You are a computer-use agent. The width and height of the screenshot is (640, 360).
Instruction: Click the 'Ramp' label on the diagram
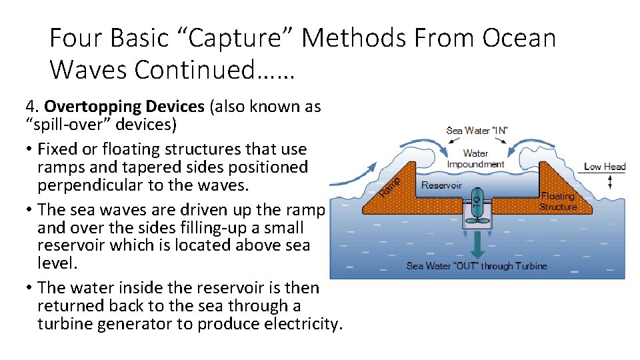click(389, 186)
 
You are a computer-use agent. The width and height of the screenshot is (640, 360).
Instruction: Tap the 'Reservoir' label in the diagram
click(441, 185)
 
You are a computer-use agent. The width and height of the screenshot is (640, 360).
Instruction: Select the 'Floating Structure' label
click(558, 201)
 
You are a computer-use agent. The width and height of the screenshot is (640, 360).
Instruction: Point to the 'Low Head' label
click(604, 166)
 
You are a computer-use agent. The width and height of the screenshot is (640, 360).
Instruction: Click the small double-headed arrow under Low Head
click(609, 181)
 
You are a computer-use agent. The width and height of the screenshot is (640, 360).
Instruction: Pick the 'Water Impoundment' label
click(475, 159)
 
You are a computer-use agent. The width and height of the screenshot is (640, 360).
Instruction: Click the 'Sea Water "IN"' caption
click(476, 130)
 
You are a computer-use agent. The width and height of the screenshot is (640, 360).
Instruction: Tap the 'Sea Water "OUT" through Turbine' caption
click(476, 266)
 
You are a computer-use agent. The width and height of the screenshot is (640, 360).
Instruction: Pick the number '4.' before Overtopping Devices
click(33, 107)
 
